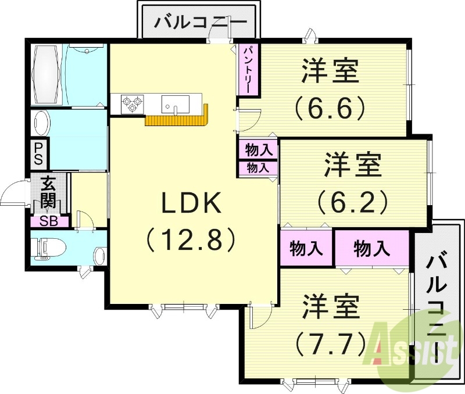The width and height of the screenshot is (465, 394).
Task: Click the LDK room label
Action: pos(190,204)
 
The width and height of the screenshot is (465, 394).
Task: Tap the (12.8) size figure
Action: pos(190,239)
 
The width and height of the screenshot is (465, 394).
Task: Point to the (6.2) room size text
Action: pos(353,201)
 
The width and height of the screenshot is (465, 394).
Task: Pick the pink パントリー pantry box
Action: pos(246,70)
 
